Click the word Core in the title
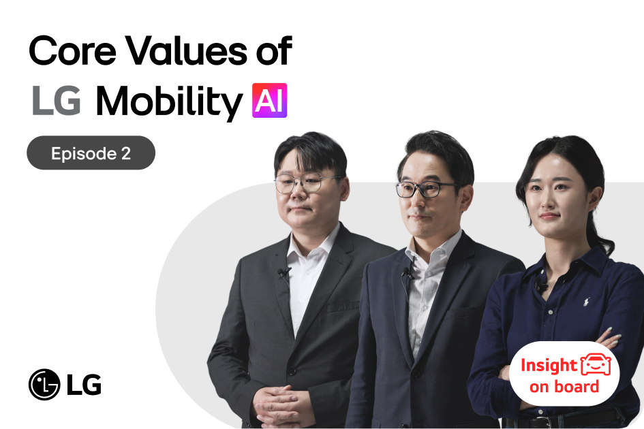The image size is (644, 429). pyautogui.click(x=68, y=52)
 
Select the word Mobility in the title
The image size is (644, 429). pyautogui.click(x=168, y=102)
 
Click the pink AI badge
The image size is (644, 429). pyautogui.click(x=269, y=101)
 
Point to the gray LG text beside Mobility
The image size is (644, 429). pyautogui.click(x=56, y=101)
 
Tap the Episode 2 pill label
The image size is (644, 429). pyautogui.click(x=91, y=153)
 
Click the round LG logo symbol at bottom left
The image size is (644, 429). pyautogui.click(x=44, y=385)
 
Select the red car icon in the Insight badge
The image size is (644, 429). pyautogui.click(x=596, y=365)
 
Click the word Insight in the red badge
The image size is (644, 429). pyautogui.click(x=549, y=366)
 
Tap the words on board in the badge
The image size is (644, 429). pyautogui.click(x=564, y=387)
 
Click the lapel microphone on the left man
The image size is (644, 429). pyautogui.click(x=283, y=273)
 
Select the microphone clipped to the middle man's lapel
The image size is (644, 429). pyautogui.click(x=407, y=274)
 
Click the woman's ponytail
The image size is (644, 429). pyautogui.click(x=600, y=232)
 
